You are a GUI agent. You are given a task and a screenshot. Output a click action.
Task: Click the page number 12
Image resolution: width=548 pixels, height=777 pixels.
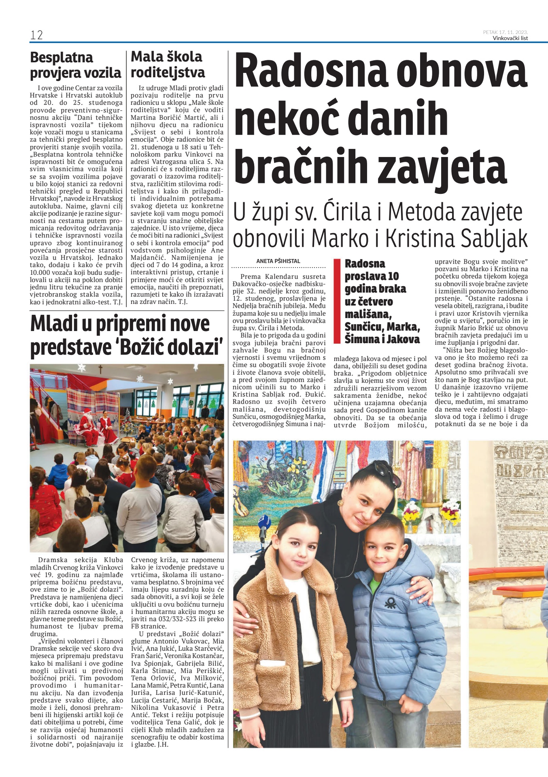click(36, 35)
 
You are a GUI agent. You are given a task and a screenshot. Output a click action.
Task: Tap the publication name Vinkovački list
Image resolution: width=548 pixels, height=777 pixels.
click(510, 38)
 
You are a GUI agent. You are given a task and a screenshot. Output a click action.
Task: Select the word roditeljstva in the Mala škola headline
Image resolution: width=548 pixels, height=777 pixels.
click(168, 72)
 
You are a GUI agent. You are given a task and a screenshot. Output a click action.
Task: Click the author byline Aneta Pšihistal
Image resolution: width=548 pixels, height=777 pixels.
click(278, 261)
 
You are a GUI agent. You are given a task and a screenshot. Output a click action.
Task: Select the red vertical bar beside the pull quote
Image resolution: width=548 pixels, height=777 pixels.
click(336, 301)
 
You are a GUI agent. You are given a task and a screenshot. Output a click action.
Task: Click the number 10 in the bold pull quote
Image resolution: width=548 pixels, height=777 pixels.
click(393, 276)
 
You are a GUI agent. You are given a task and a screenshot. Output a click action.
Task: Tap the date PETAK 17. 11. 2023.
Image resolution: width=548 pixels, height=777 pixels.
click(505, 32)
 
